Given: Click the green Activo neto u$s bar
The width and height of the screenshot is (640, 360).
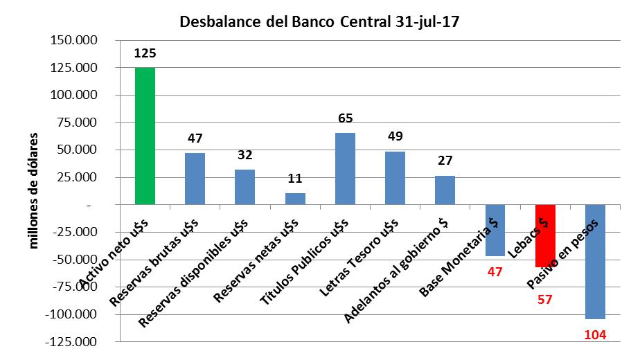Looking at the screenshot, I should [x=145, y=136].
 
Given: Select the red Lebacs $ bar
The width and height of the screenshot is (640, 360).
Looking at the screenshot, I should [x=545, y=236].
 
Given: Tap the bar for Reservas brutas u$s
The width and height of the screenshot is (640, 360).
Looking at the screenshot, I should [x=195, y=179].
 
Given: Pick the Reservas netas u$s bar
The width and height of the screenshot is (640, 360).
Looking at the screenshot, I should [x=295, y=199].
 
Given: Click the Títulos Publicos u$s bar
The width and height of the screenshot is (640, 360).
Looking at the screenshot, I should [x=345, y=169].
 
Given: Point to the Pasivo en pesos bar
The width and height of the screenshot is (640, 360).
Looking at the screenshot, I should [x=595, y=262].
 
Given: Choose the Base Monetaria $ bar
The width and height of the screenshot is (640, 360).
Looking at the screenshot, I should [x=495, y=231].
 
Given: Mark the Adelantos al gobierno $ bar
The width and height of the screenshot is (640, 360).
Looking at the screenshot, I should [x=445, y=190].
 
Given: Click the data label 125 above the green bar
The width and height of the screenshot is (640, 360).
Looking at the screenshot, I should [x=145, y=53].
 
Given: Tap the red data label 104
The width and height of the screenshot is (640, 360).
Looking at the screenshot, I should [x=595, y=335].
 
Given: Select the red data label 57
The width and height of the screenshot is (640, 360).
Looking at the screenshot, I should [x=545, y=301].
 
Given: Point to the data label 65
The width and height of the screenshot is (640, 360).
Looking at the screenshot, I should [x=345, y=118].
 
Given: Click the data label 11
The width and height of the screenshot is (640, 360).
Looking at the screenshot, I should [x=295, y=179].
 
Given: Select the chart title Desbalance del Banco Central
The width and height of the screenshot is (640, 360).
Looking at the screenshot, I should [x=319, y=21].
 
